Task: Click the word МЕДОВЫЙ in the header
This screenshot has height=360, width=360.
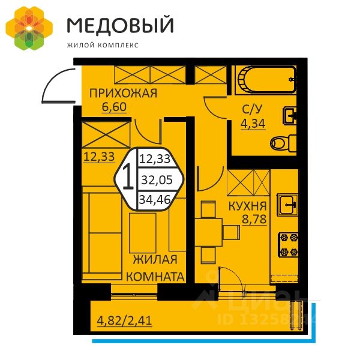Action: point(120,25)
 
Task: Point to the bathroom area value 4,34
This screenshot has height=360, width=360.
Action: point(251,124)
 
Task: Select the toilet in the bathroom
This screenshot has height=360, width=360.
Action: point(283,143)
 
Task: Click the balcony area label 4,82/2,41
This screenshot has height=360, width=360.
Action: point(124,320)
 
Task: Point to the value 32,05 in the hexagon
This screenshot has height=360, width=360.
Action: point(153,179)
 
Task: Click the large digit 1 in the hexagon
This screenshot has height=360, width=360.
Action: point(128,178)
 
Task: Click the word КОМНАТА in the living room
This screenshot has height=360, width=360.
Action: point(155,277)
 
